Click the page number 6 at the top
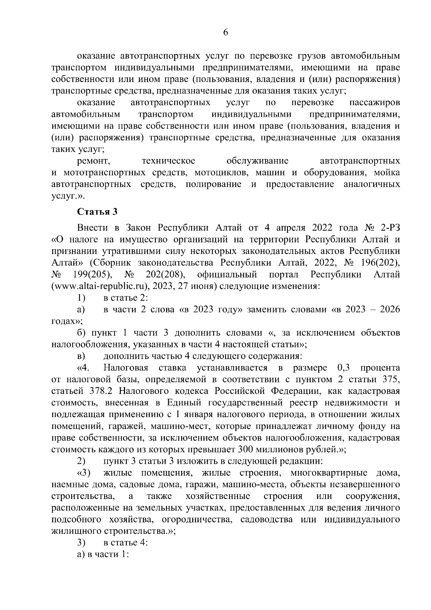[226, 32]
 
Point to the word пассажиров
[375, 103]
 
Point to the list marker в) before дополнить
[81, 356]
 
